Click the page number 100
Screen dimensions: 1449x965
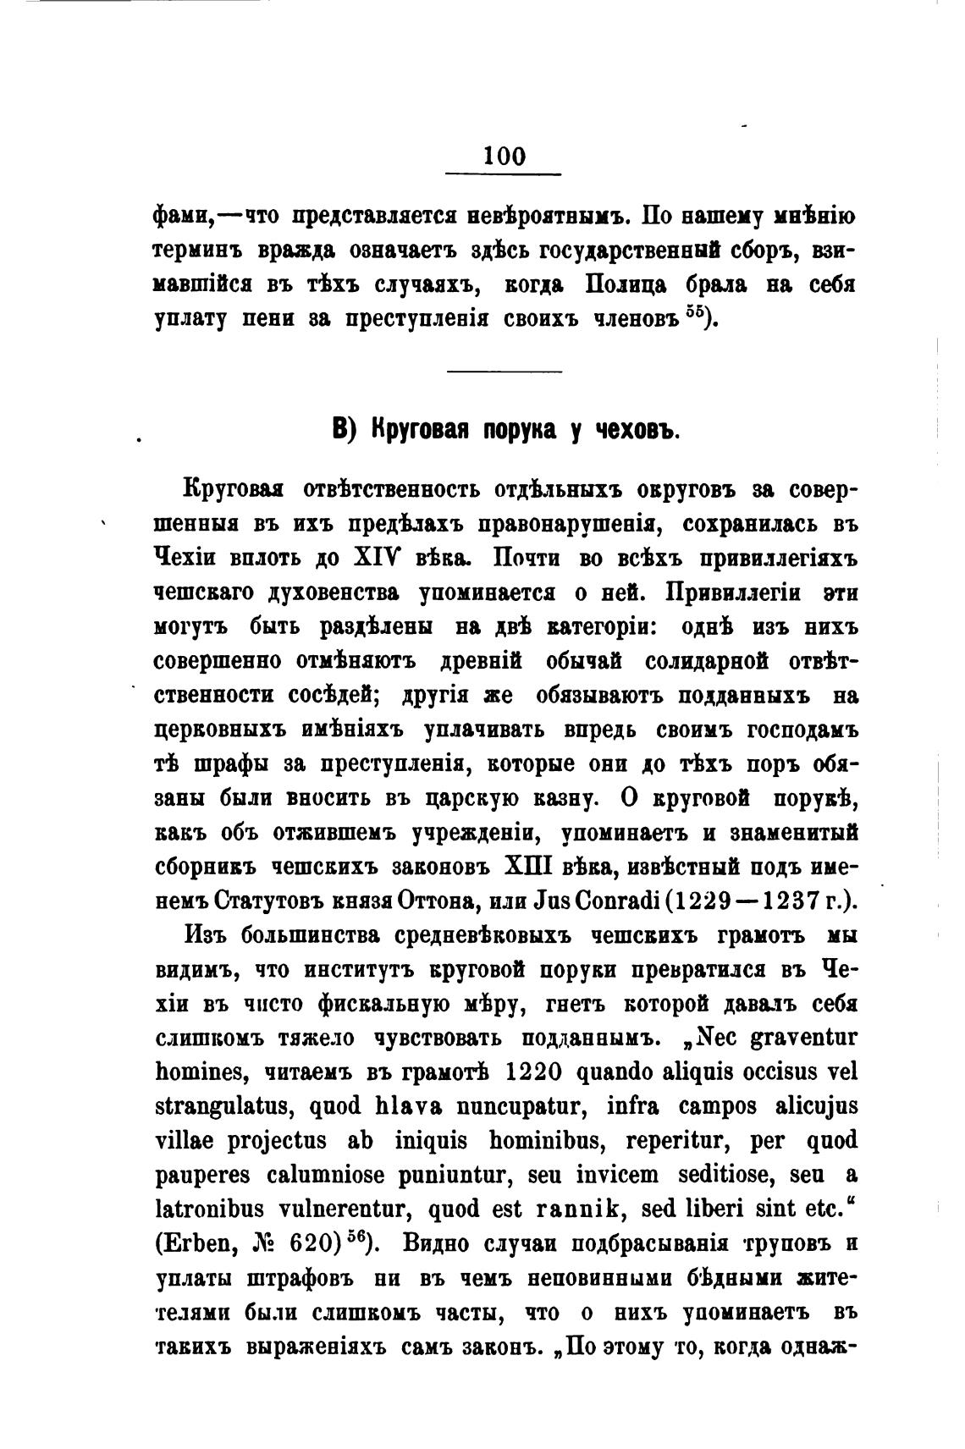[505, 156]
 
